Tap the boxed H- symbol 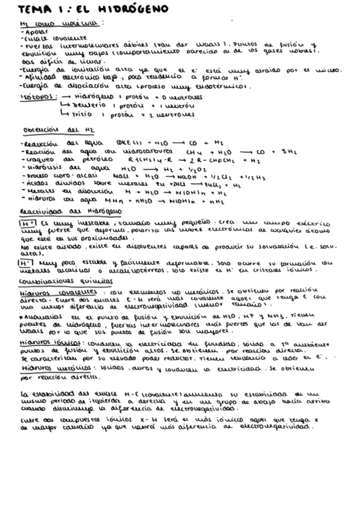26,263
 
